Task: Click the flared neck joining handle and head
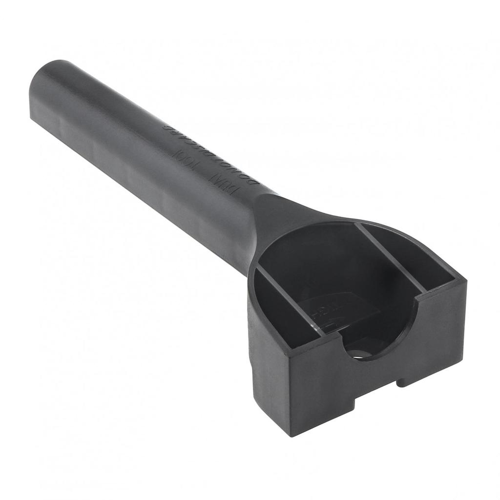tap(273, 215)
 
